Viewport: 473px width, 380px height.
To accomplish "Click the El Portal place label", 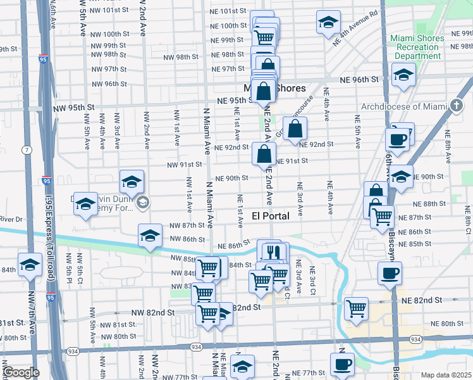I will point(271,216).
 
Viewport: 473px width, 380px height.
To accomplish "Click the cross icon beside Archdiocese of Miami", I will point(458,106).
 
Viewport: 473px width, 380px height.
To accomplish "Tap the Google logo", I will point(21,372).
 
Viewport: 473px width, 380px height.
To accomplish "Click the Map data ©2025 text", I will point(445,375).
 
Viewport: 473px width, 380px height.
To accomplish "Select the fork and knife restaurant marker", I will point(273,252).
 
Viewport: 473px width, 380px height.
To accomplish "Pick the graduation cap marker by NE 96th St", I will point(403,75).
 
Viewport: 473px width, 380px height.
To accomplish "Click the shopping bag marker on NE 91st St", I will point(264,154).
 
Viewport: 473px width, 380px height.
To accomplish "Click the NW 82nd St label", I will point(152,313).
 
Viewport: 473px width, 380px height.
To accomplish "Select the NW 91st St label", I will point(185,165).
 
